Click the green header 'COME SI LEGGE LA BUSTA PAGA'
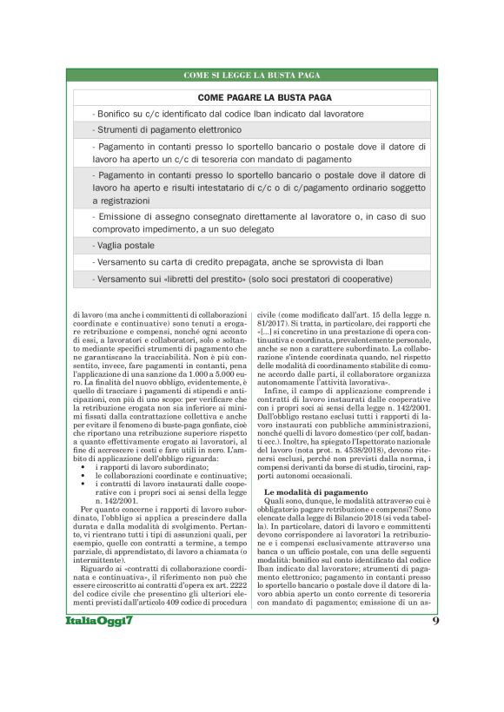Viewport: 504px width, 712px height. tap(252, 76)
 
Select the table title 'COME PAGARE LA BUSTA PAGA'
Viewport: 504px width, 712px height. tap(251, 98)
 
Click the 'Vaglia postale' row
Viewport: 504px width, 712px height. tap(122, 245)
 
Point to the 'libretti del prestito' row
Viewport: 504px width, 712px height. tap(244, 279)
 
